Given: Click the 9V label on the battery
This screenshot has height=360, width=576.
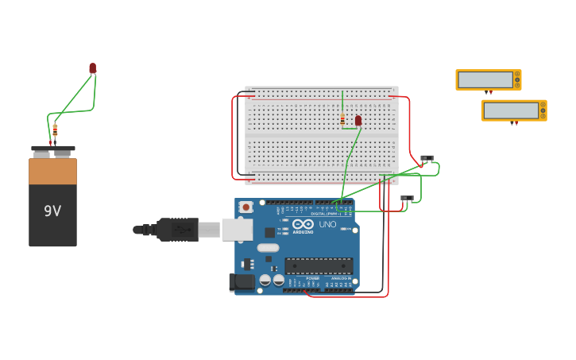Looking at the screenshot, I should (52, 211).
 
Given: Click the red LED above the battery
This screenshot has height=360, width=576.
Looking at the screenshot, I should (93, 68).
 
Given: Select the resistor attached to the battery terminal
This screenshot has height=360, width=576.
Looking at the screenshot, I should (55, 130).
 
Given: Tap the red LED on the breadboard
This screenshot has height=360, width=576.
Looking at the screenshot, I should (358, 120).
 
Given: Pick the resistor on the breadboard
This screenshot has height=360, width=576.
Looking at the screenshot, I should (342, 120).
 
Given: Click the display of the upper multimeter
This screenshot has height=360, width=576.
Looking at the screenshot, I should (485, 79).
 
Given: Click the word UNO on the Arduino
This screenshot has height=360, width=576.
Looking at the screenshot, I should (327, 225).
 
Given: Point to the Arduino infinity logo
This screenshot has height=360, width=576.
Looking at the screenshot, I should (303, 224).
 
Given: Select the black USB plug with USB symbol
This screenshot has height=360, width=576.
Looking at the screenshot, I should (178, 230).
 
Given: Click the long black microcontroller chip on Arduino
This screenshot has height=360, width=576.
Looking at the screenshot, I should (319, 265).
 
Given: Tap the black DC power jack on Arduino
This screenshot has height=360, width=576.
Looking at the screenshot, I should (242, 282).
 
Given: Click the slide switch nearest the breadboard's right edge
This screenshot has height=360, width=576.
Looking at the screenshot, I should (427, 158).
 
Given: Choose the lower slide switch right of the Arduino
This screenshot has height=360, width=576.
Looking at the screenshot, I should (407, 198).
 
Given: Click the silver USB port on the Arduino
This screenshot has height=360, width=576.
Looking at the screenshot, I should (237, 230).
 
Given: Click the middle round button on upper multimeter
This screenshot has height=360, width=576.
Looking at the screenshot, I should (517, 79).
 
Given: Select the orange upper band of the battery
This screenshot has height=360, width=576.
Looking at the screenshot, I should (53, 171).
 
